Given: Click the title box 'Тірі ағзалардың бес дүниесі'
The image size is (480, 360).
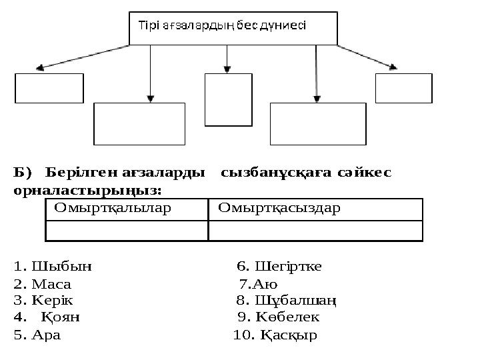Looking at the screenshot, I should [x=233, y=28].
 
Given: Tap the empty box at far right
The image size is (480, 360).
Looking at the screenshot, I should [x=403, y=88].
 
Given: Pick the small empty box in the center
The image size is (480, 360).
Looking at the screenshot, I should [x=227, y=99].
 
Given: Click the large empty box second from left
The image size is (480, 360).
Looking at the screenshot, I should [x=139, y=123].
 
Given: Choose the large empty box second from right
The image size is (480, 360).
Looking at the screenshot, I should [x=317, y=123].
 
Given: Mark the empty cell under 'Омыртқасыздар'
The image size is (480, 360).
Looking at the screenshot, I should [x=315, y=231].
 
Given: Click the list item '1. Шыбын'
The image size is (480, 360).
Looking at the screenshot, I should [x=53, y=267].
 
